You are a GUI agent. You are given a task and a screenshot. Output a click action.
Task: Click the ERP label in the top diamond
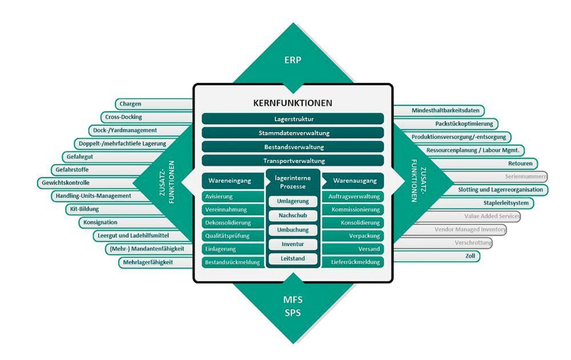point(292,59)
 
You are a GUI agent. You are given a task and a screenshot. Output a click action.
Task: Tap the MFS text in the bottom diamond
point(292,300)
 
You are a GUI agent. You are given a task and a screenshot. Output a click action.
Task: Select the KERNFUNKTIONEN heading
point(292,103)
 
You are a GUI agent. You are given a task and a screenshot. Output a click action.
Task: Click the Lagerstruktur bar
point(292,119)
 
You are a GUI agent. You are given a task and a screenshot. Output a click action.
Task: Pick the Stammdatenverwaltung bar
point(292,133)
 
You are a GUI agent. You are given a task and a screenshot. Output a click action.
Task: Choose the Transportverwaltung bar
point(292,161)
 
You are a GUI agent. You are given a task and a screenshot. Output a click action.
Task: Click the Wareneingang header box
point(231,181)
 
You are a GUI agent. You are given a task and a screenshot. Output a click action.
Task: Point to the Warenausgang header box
point(354,181)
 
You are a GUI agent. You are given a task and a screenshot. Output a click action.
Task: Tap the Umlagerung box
point(293,201)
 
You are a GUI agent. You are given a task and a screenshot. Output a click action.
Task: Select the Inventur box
point(293,244)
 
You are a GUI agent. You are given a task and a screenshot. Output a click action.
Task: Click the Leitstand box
point(293,258)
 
